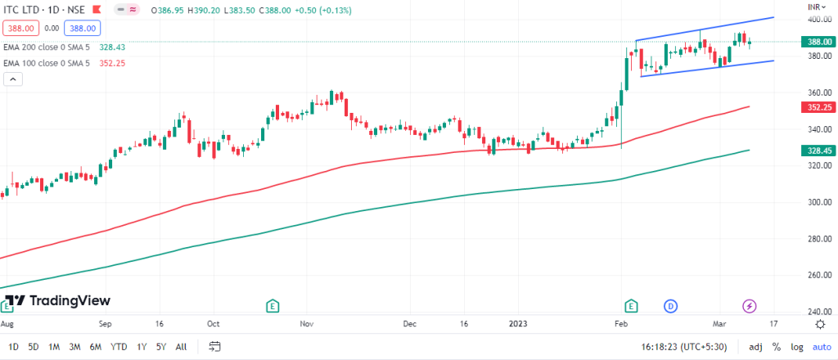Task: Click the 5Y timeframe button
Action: (161, 346)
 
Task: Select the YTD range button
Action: (119, 346)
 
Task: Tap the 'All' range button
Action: (181, 346)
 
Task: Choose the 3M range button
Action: (75, 346)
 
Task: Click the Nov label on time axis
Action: (307, 324)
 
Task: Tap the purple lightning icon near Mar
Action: (750, 306)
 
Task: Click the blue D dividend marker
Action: (670, 306)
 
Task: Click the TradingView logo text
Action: (69, 300)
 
